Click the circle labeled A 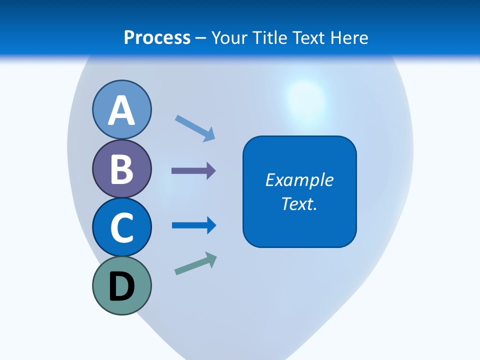click(x=121, y=109)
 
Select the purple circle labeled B click(x=121, y=168)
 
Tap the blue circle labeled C click(x=121, y=227)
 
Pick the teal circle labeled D click(x=121, y=285)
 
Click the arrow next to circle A click(x=194, y=127)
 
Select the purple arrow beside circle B click(x=193, y=171)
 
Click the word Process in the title click(x=157, y=37)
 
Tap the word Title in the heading click(x=270, y=37)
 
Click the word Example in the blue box click(x=299, y=180)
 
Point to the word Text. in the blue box click(x=299, y=203)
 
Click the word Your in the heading click(x=228, y=37)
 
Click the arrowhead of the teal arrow click(x=211, y=259)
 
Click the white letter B click(x=121, y=169)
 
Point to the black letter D click(x=121, y=286)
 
